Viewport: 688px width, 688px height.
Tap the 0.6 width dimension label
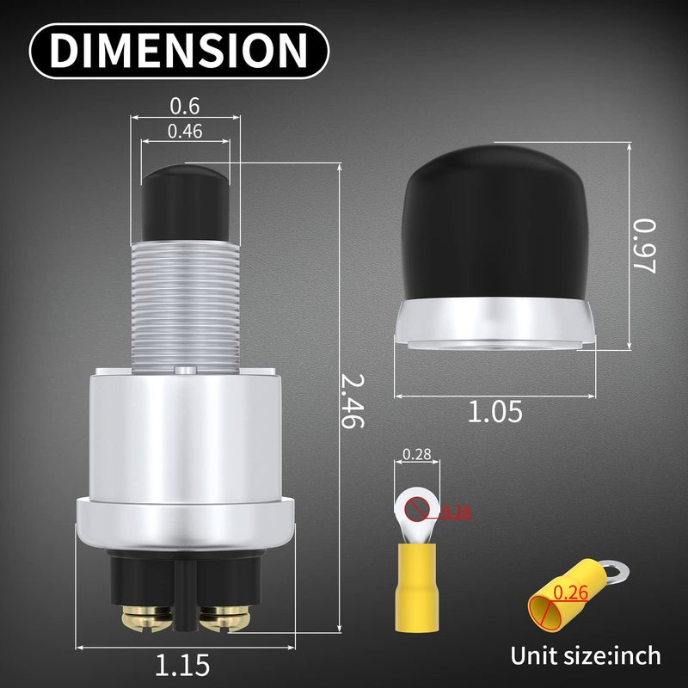point(184,106)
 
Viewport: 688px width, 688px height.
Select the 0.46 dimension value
point(185,131)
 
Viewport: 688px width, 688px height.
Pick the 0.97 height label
point(644,245)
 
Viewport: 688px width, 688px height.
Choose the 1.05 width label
point(494,412)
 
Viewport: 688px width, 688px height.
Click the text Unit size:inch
point(586,655)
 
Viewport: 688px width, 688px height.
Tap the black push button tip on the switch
point(185,202)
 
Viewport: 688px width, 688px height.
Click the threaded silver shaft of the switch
point(185,301)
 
